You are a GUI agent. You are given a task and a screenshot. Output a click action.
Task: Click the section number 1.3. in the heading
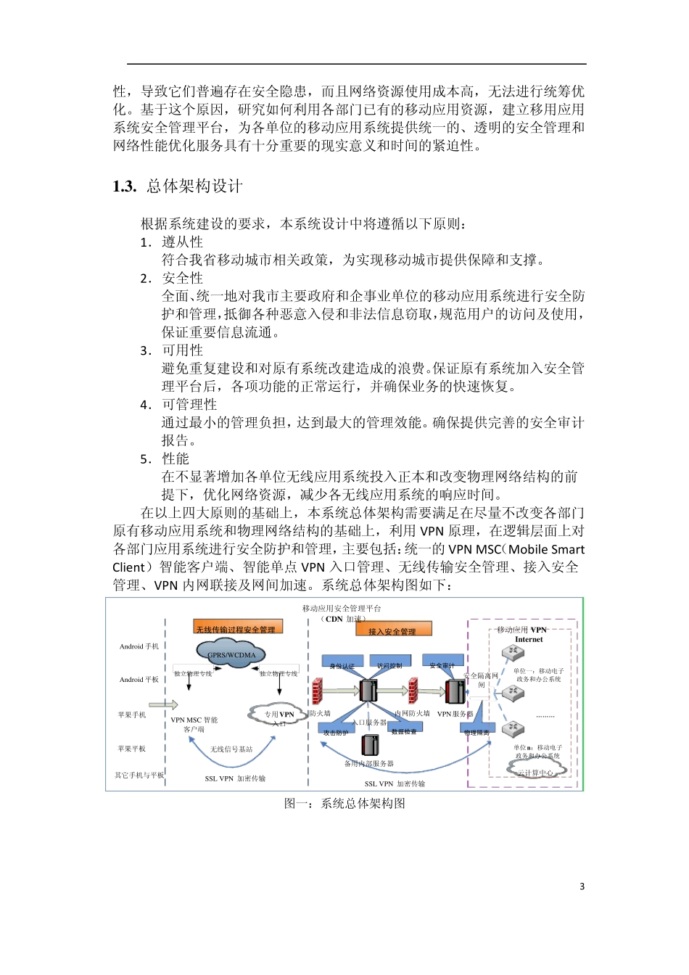pos(124,186)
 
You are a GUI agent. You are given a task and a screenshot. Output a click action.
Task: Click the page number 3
pos(582,886)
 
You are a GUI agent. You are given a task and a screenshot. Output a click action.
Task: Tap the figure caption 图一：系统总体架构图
pos(344,803)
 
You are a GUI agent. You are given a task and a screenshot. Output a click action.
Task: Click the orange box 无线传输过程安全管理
pos(236,628)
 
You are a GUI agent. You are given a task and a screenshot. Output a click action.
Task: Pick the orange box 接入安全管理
pos(393,630)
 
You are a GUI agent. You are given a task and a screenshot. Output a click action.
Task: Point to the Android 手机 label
pos(139,646)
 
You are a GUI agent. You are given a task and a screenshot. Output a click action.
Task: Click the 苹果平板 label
pos(132,749)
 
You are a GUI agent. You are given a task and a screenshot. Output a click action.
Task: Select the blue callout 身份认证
pos(342,663)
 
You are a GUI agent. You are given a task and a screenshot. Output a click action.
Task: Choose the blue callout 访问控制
pos(389,662)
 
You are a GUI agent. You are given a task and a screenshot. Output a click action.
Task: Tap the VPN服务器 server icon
pos(455,691)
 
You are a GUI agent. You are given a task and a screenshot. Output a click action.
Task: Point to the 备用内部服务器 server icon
pos(370,744)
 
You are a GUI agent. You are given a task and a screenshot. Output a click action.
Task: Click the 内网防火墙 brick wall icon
pos(413,691)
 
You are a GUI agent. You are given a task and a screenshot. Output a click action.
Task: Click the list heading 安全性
pos(182,278)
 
